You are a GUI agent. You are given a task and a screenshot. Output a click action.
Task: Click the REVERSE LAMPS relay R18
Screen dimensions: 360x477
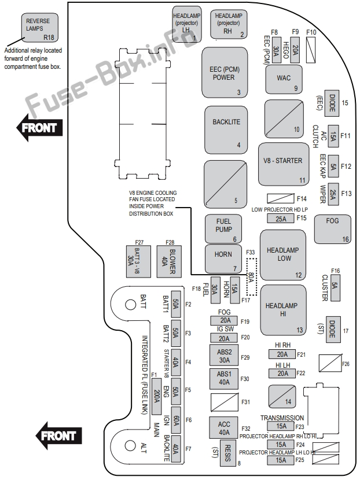(39, 27)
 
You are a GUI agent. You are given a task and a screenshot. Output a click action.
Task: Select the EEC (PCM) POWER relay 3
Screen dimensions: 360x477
(225, 72)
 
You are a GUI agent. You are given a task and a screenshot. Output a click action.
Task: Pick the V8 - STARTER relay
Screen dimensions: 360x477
(284, 164)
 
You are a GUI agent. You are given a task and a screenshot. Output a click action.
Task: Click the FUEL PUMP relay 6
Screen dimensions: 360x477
(223, 229)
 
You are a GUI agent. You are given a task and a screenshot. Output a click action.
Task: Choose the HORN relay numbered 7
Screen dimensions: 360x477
(223, 258)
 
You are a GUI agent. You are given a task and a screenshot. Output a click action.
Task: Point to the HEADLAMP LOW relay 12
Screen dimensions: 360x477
(283, 255)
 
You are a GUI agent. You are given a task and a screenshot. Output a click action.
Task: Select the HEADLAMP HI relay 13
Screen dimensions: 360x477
(283, 310)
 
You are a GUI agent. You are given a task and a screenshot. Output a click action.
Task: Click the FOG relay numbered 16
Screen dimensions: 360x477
(333, 230)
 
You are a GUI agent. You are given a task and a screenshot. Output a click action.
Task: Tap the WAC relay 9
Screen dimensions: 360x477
(284, 79)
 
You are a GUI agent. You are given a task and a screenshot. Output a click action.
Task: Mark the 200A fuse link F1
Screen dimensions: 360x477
(156, 397)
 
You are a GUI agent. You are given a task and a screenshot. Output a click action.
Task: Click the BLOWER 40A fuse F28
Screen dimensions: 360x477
(169, 261)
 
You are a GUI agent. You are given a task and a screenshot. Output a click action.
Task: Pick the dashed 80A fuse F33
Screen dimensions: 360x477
(252, 277)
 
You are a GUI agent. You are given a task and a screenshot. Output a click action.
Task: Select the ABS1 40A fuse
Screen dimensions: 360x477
(224, 379)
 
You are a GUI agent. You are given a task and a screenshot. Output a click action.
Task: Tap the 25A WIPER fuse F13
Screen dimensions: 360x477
(333, 194)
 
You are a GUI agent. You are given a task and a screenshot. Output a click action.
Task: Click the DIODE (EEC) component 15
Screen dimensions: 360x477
(332, 103)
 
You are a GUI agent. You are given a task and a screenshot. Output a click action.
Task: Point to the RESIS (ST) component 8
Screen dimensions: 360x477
(227, 453)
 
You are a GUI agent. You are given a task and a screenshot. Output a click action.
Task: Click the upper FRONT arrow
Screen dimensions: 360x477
(39, 127)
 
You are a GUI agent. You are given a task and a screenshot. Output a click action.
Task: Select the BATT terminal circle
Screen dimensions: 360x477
(130, 304)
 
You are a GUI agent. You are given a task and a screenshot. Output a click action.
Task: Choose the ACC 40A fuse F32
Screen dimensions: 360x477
(224, 428)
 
